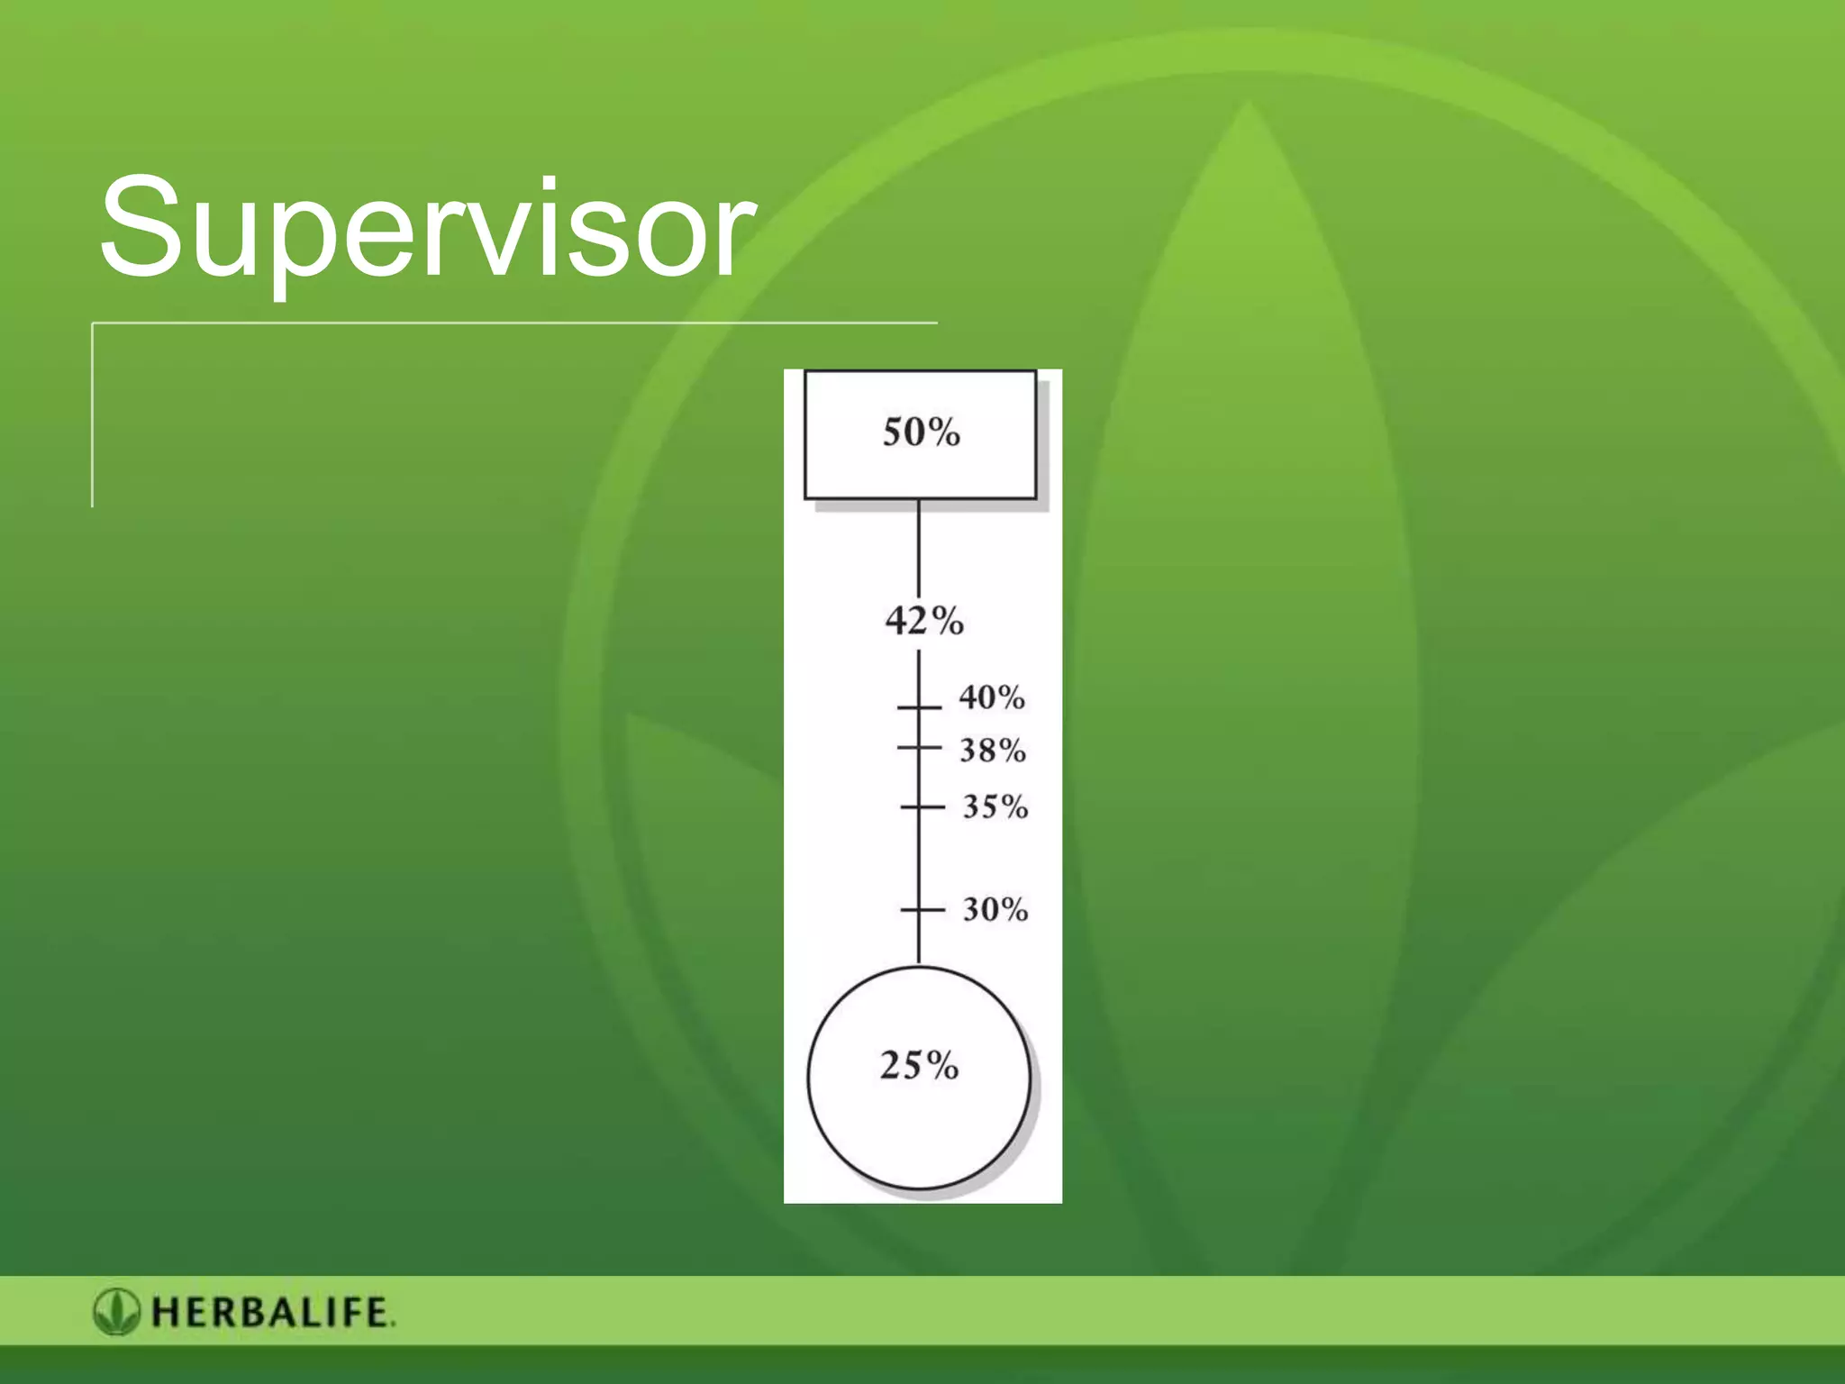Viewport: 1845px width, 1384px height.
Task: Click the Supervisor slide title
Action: [x=425, y=230]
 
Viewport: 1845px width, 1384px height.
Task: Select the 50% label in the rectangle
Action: [x=921, y=432]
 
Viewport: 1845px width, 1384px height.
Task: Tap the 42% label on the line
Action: [x=923, y=621]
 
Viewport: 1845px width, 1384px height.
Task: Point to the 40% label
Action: [x=991, y=697]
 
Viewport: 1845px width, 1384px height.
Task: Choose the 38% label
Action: [x=992, y=750]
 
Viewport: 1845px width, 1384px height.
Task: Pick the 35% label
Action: [x=995, y=806]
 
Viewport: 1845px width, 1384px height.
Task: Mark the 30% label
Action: [x=995, y=909]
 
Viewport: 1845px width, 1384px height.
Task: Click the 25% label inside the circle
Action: [x=919, y=1065]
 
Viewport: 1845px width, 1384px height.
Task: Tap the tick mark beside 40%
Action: [x=919, y=708]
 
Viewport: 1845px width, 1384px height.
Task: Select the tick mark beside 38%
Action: [x=919, y=748]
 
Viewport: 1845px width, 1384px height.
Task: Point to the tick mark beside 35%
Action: [x=921, y=807]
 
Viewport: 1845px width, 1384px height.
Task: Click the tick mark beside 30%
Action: [x=921, y=910]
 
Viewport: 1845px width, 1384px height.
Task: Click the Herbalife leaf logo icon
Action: [x=116, y=1312]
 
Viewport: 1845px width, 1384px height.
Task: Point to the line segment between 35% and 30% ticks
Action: [x=919, y=858]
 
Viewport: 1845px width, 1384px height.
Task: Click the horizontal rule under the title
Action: [x=514, y=323]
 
